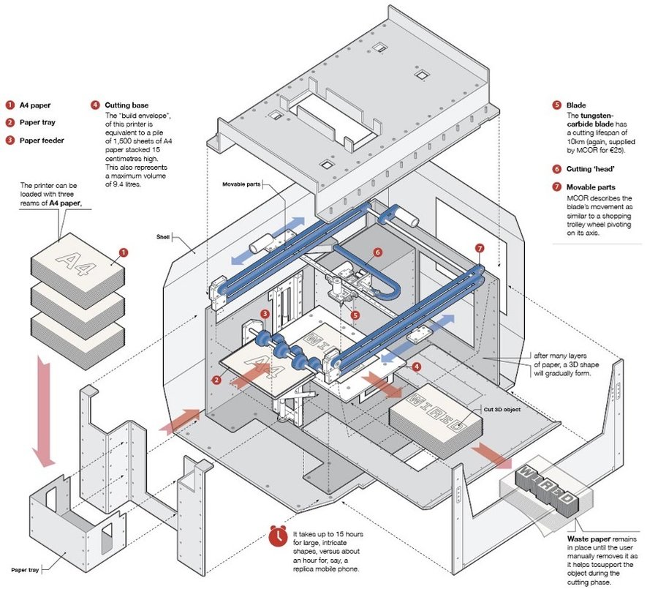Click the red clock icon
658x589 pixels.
click(x=278, y=536)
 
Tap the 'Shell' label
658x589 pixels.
click(x=163, y=237)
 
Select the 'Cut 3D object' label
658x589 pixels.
click(x=501, y=409)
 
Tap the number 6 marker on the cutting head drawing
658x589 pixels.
click(x=377, y=252)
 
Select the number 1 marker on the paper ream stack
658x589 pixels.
click(x=124, y=252)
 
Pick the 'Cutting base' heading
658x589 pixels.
click(x=128, y=105)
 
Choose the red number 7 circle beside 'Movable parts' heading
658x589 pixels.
click(x=556, y=187)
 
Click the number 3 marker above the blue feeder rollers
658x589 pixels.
click(x=265, y=314)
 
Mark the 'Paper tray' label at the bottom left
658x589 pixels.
click(x=24, y=569)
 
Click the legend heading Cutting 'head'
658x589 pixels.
click(x=590, y=169)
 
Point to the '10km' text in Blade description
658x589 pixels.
click(x=577, y=140)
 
